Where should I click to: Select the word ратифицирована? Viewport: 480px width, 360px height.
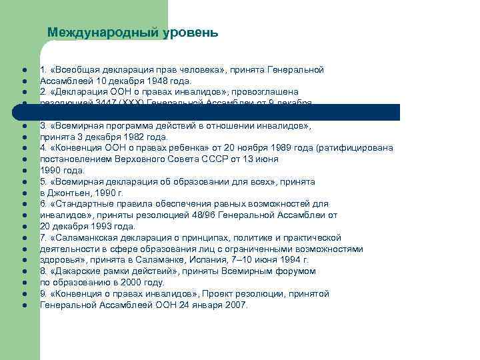coord(357,148)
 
